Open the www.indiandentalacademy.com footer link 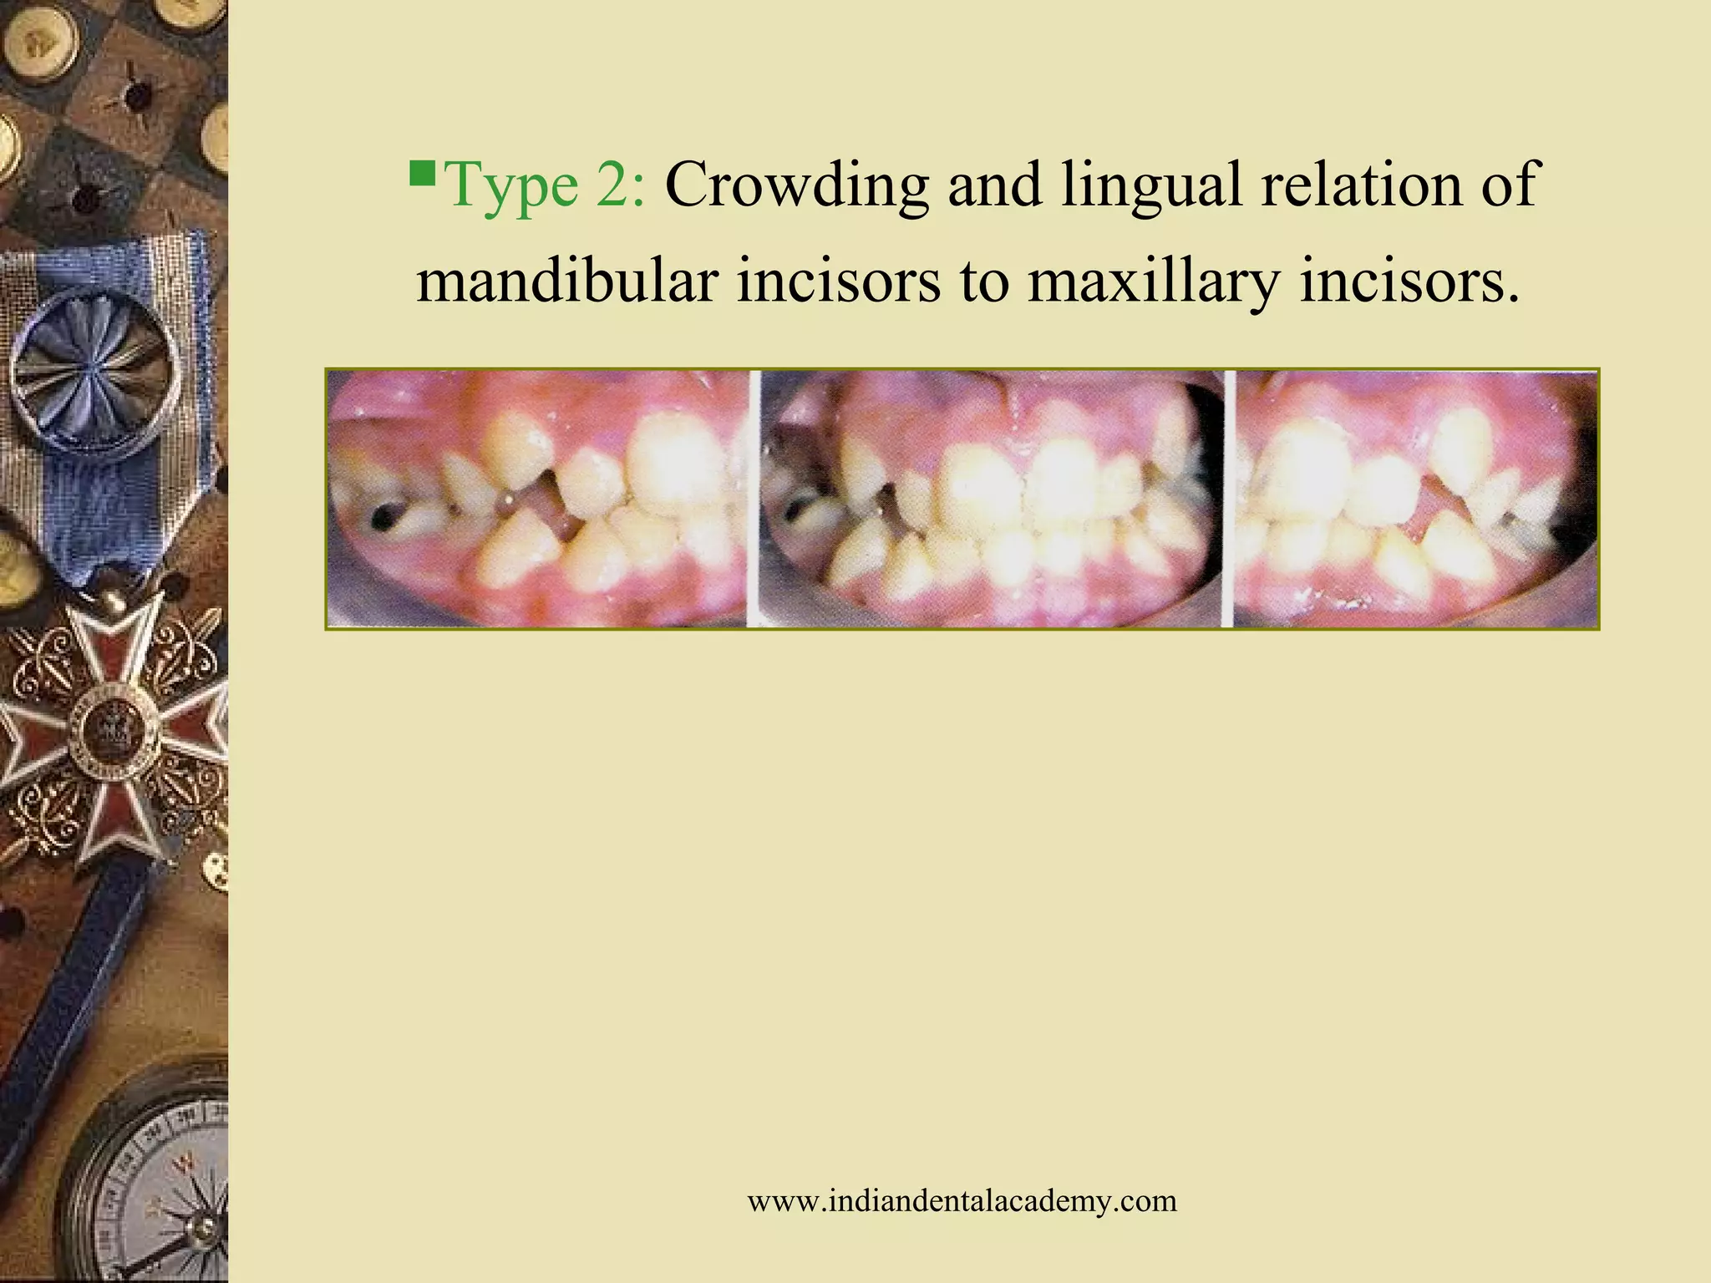(962, 1201)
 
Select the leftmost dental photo (536, 499)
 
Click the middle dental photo (991, 499)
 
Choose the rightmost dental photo (1415, 499)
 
